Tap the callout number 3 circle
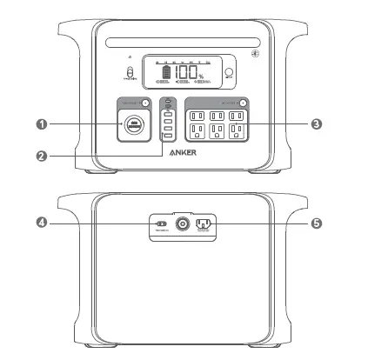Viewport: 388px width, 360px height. click(317, 124)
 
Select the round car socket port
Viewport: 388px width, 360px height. click(134, 125)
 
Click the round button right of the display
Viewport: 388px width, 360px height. click(230, 75)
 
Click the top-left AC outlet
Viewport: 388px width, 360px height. click(196, 116)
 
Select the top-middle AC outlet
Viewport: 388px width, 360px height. click(217, 116)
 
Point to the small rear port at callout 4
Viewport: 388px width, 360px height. click(160, 224)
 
